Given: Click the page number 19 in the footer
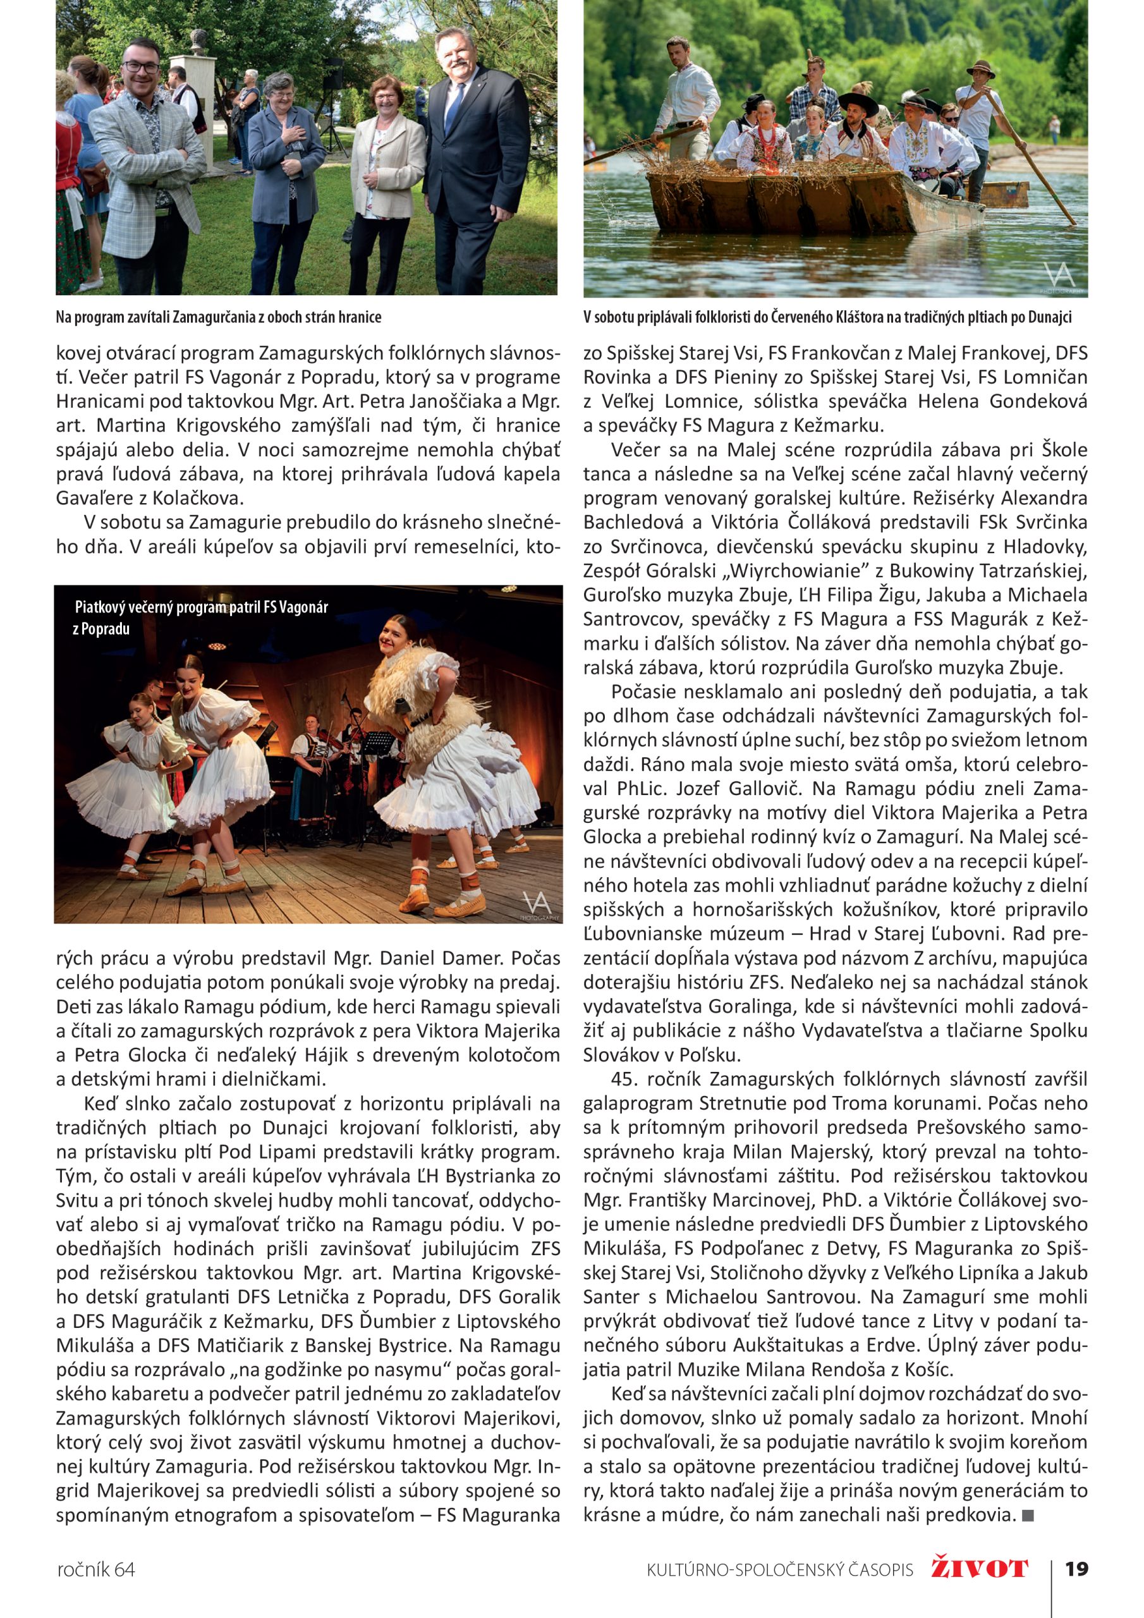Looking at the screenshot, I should click(x=1076, y=1569).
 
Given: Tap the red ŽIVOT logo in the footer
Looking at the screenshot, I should click(x=979, y=1569).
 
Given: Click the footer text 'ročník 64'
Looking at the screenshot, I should click(x=95, y=1570).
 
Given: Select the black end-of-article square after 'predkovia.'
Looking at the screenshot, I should click(x=1027, y=1514).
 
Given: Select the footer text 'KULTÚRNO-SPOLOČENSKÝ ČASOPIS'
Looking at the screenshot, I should click(x=779, y=1570).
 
